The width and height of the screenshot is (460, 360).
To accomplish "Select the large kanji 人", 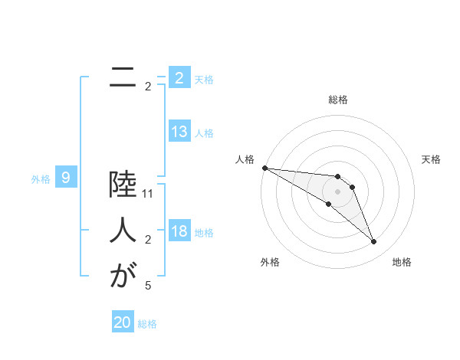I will click(x=122, y=231).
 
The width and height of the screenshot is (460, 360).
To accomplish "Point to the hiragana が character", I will click(x=122, y=275).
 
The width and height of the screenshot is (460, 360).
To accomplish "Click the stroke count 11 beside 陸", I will click(x=148, y=195).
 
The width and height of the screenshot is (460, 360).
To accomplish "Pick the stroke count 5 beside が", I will click(x=148, y=286).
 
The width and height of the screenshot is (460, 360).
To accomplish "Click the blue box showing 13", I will click(x=179, y=132).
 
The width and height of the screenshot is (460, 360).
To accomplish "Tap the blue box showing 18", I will click(x=179, y=231).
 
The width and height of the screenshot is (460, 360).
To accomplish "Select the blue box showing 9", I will click(x=66, y=178).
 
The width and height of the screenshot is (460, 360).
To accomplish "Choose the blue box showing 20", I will click(x=123, y=322).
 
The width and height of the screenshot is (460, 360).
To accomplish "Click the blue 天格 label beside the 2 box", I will click(x=204, y=79).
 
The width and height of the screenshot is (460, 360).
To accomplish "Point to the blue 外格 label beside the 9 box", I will click(x=41, y=179).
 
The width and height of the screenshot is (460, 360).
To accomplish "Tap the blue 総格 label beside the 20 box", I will click(x=147, y=324).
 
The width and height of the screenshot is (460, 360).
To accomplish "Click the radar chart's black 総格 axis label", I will click(x=338, y=100).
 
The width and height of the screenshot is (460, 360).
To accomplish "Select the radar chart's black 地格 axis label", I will click(x=402, y=262).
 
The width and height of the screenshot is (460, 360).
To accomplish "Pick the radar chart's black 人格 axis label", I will click(x=245, y=159).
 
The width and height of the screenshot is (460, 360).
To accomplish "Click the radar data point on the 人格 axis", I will click(x=264, y=168).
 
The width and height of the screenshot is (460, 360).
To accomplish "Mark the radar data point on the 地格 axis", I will click(x=374, y=242).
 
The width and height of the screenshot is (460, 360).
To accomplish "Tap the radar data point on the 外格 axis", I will click(x=328, y=204).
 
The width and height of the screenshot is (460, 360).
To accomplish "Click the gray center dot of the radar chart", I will click(x=338, y=191).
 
